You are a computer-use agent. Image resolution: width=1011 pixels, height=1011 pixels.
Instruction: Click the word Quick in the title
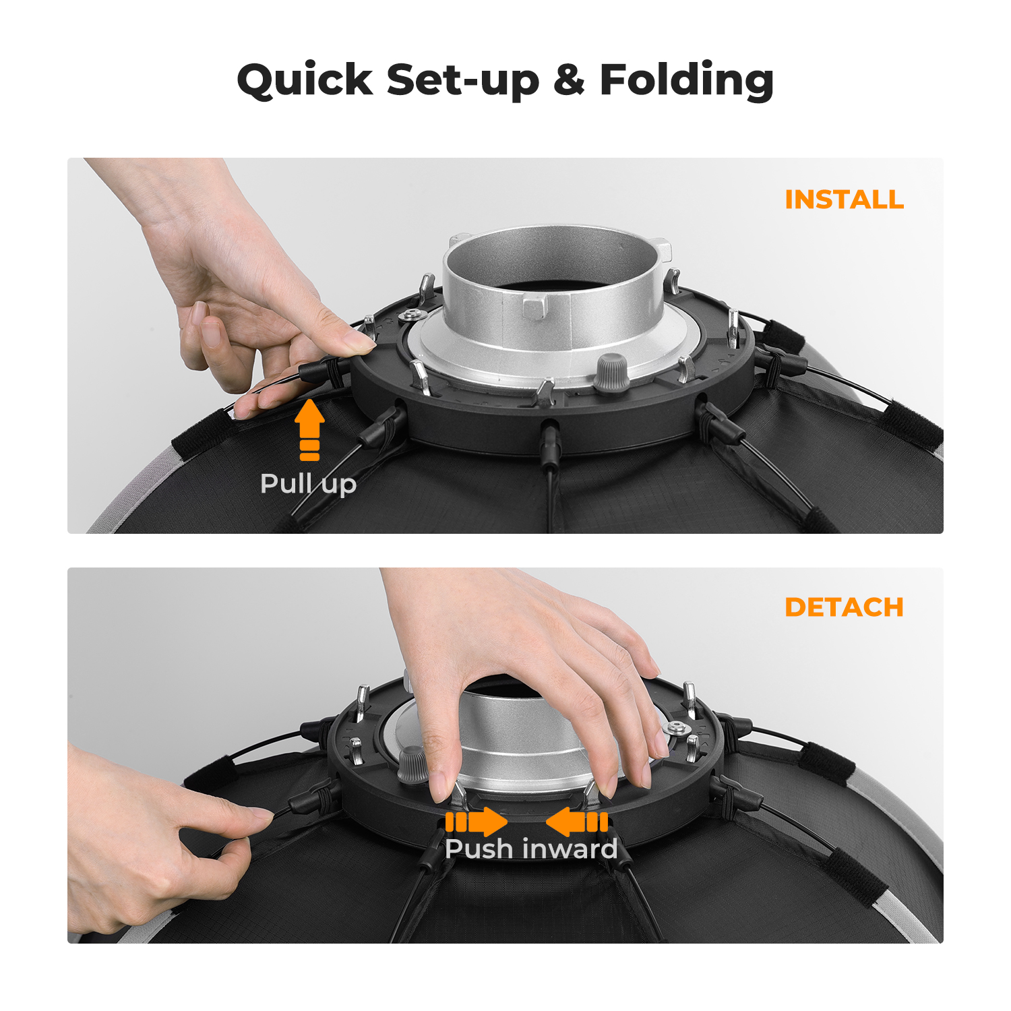(305, 80)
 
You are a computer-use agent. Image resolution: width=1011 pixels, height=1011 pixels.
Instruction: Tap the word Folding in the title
(687, 80)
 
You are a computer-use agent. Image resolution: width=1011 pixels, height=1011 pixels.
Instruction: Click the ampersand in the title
(570, 80)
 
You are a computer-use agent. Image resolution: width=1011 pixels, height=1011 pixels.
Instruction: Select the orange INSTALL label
(845, 200)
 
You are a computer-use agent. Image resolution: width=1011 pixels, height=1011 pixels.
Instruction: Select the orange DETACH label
(845, 607)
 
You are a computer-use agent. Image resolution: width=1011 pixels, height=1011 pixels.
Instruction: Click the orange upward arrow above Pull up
(309, 430)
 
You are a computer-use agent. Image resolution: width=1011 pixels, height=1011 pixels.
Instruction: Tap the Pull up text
(308, 484)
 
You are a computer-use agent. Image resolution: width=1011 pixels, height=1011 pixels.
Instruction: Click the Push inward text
(531, 849)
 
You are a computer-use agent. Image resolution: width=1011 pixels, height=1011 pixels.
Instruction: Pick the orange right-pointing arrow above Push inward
(477, 822)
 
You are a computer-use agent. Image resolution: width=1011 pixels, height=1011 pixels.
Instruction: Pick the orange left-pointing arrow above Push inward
(577, 822)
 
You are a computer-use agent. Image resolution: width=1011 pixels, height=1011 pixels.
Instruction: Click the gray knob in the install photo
(611, 372)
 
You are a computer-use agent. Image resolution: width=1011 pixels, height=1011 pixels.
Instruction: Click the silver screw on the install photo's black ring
(410, 315)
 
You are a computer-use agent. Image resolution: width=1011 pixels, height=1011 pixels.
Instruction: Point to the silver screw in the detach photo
(675, 728)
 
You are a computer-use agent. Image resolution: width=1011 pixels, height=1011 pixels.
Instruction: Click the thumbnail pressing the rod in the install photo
(356, 340)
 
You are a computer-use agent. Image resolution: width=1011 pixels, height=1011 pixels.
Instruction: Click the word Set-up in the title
(463, 80)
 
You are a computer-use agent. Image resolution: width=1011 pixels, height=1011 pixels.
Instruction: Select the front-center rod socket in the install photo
(549, 441)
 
